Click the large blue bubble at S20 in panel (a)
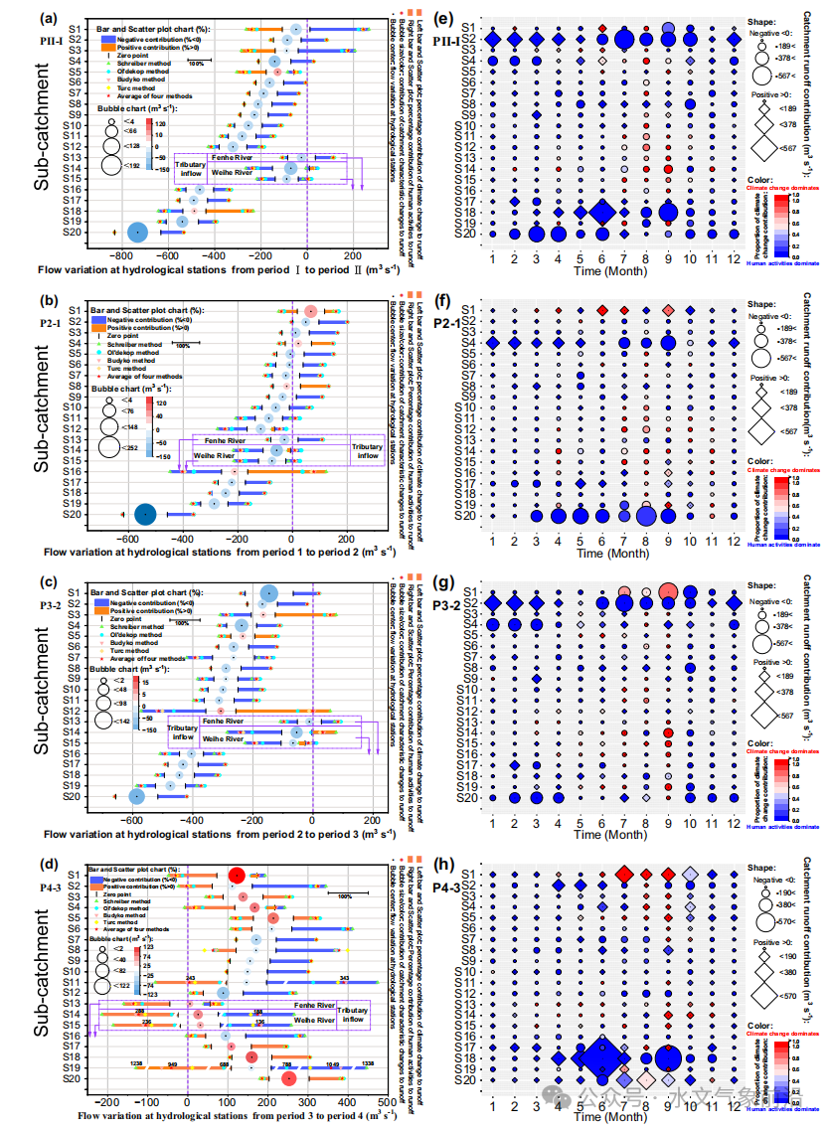[138, 233]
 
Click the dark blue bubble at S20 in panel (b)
[146, 514]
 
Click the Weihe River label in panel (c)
[223, 738]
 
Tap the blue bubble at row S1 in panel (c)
[268, 593]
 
